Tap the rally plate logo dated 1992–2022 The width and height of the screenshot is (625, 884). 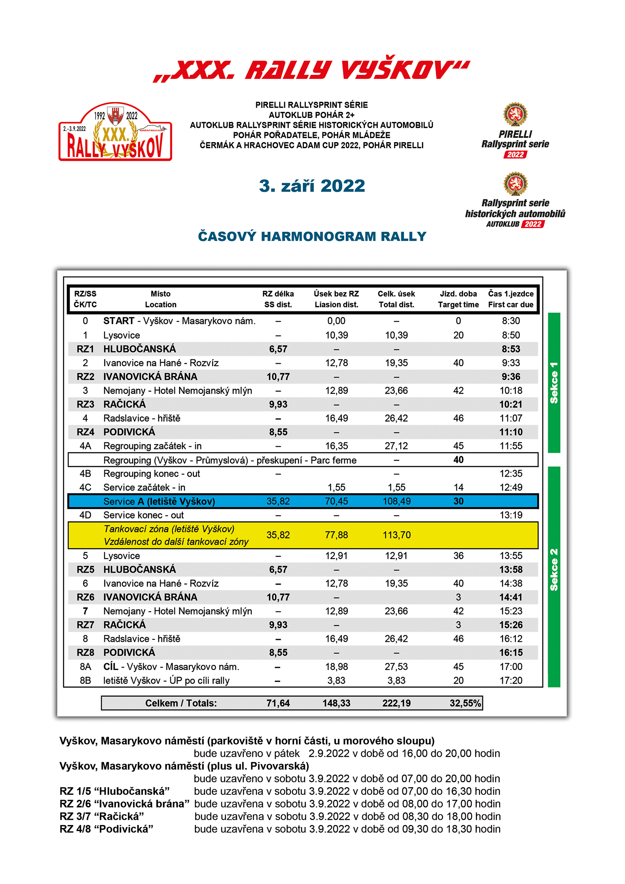pos(115,132)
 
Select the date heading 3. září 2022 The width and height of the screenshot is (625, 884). pos(312,186)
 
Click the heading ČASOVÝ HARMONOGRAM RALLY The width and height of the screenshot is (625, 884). pos(312,236)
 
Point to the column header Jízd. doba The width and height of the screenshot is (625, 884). pos(458,294)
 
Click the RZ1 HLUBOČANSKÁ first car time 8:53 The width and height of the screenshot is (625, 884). pos(511,349)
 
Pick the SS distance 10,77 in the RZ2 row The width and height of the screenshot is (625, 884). pos(278,376)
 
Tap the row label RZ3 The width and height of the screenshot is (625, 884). pos(85,404)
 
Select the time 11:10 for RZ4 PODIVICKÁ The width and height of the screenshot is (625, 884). pos(511,432)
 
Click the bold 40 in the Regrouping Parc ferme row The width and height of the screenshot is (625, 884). pos(458,460)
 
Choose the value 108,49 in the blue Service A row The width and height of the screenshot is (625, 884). pos(396,501)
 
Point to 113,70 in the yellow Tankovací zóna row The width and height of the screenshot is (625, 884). pos(396,535)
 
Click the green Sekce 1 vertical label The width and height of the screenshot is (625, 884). pos(554,383)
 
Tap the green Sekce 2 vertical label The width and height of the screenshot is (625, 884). pos(554,570)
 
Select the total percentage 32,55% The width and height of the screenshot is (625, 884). pos(465,703)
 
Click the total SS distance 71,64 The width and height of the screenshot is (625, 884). pos(278,703)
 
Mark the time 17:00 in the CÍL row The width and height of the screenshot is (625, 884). pos(511,666)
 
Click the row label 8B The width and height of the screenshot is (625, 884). pos(85,680)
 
